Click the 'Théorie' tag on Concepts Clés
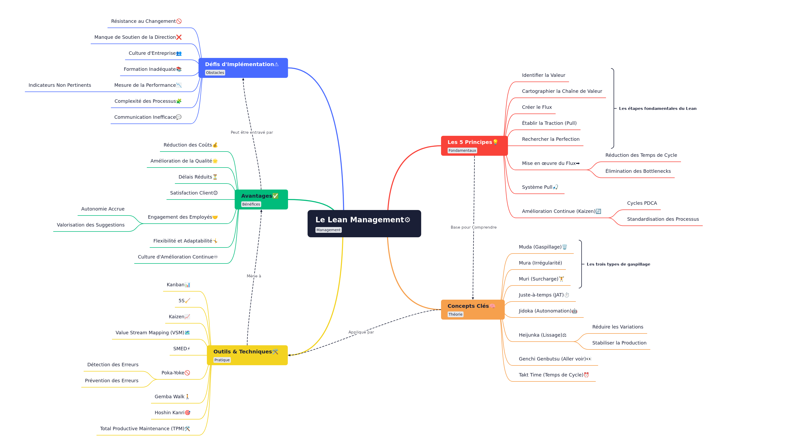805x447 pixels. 455,315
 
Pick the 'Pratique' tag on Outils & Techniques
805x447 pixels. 222,360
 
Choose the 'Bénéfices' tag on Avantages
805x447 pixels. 251,204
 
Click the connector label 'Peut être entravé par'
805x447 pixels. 251,132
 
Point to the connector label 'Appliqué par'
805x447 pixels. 361,332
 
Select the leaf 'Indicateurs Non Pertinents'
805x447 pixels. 60,85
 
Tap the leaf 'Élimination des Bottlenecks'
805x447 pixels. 638,171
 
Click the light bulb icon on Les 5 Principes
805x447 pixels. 495,142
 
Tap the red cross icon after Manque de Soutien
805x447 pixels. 179,37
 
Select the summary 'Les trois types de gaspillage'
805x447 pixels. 618,264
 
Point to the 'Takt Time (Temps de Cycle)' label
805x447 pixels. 551,375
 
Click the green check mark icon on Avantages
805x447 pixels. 275,196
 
